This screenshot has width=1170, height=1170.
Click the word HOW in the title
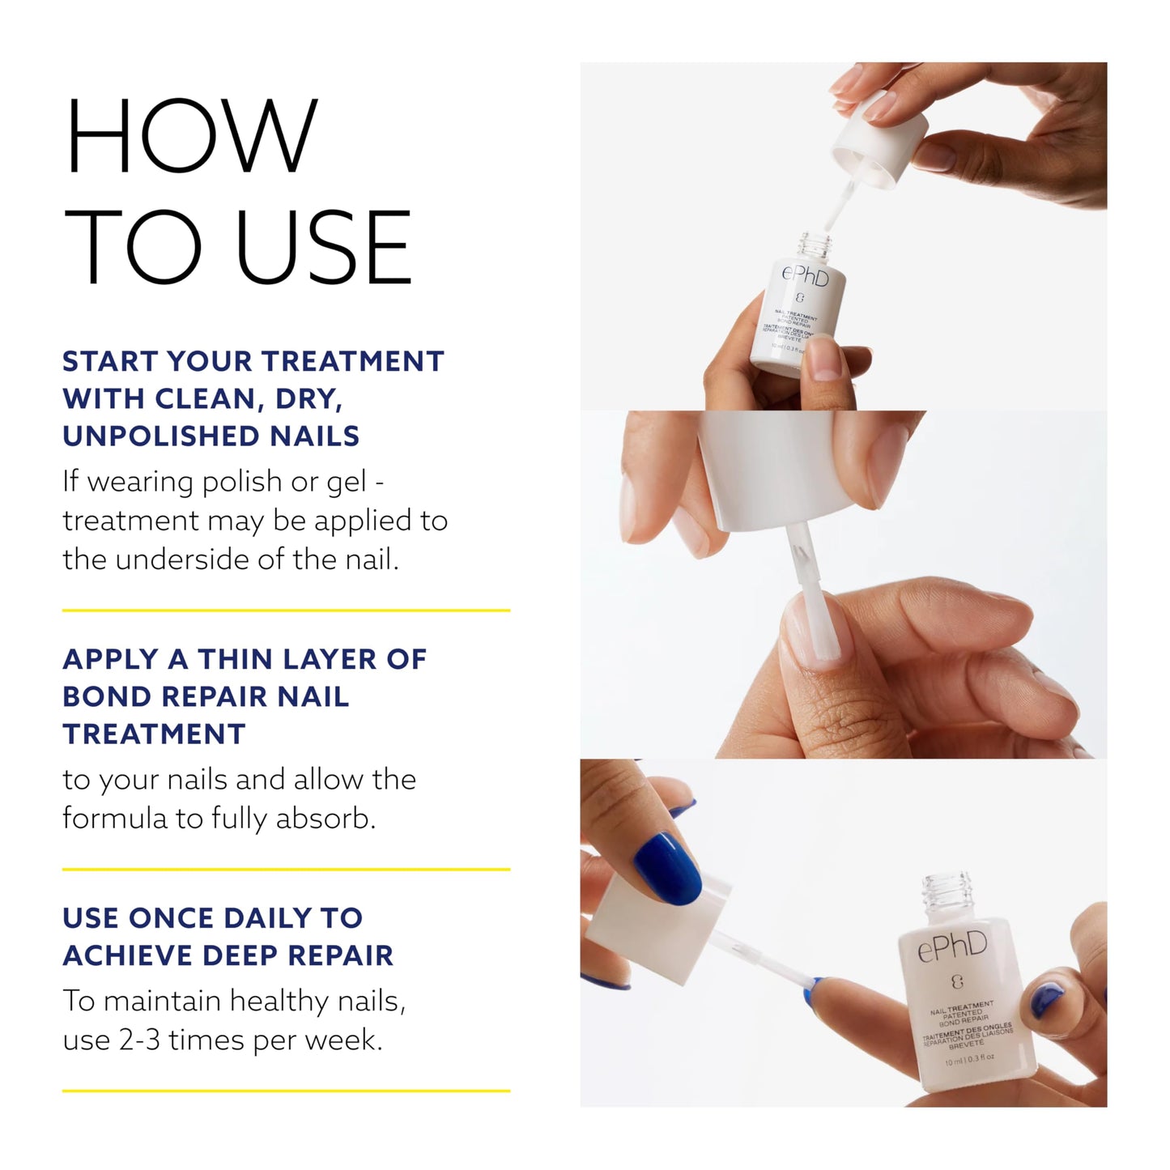click(x=191, y=136)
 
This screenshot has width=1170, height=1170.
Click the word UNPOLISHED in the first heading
click(x=161, y=436)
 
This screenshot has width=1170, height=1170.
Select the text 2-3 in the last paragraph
click(x=139, y=1040)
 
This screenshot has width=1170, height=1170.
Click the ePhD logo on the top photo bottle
click(x=805, y=277)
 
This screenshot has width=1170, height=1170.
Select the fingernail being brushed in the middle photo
click(x=813, y=640)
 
